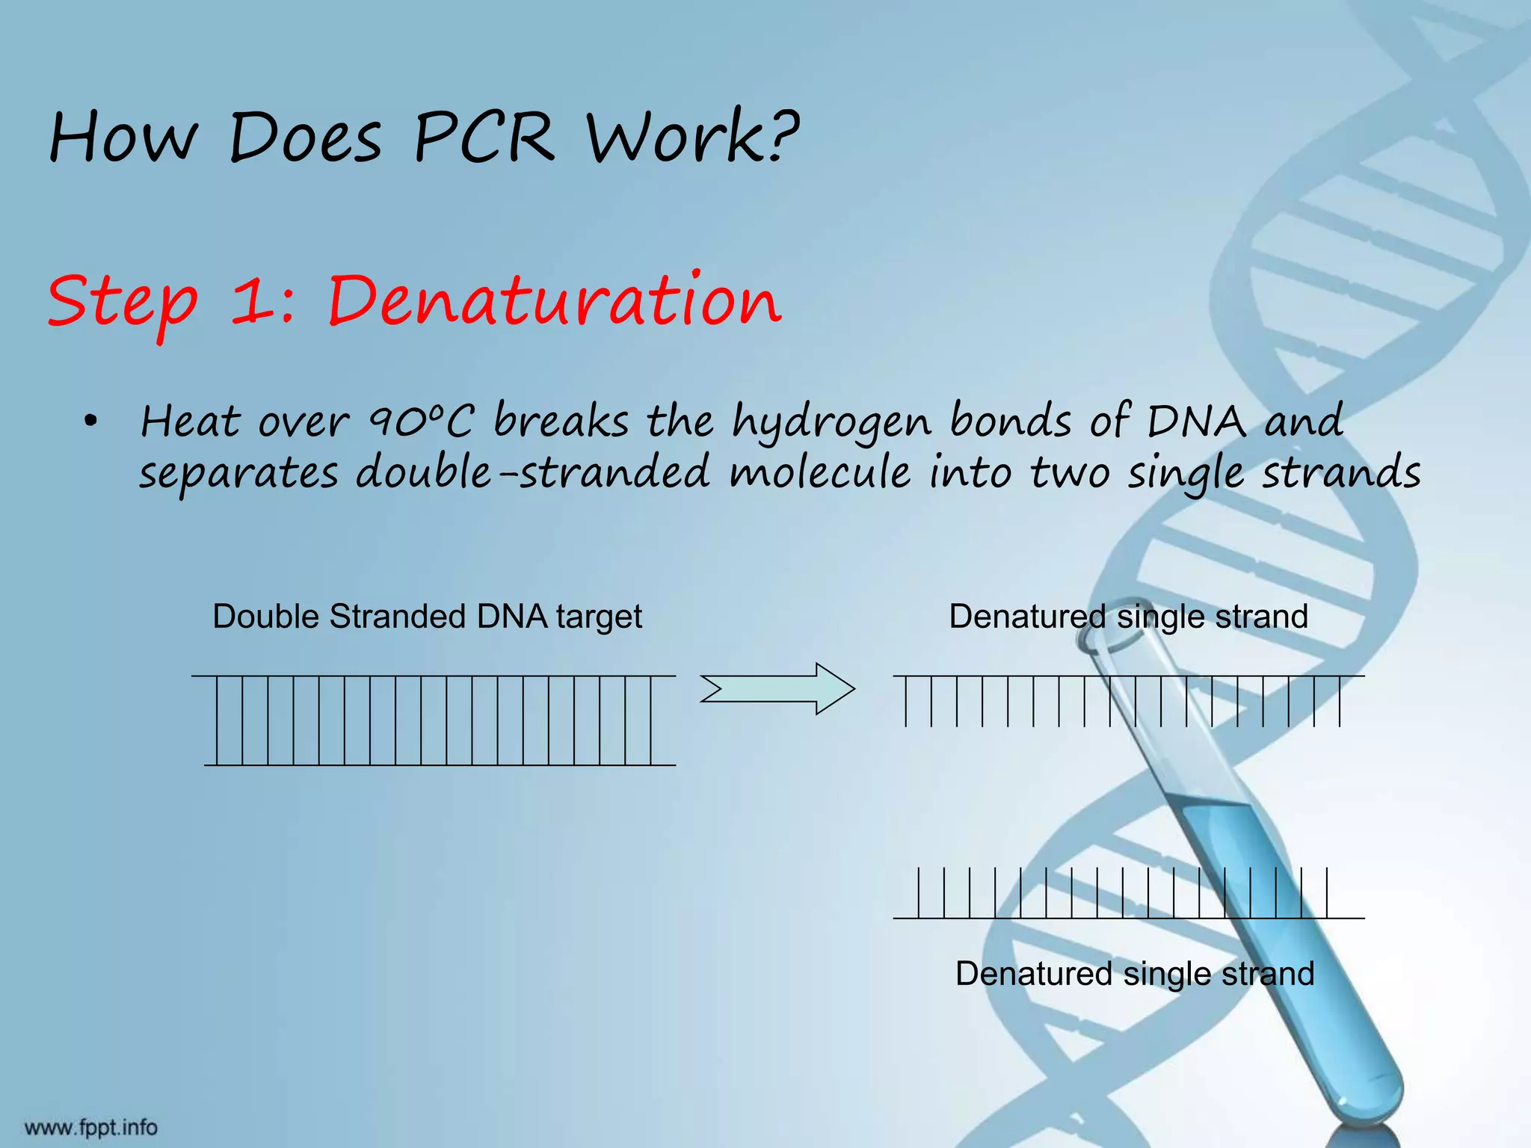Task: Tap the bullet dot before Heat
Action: coord(90,422)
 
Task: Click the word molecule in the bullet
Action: coord(820,473)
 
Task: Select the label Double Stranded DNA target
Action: coord(427,617)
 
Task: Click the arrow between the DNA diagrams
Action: coord(777,688)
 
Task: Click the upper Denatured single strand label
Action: coord(1128,617)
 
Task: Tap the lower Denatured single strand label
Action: coord(1134,975)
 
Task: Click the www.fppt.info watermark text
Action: coord(91,1127)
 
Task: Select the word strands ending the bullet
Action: coord(1341,473)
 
